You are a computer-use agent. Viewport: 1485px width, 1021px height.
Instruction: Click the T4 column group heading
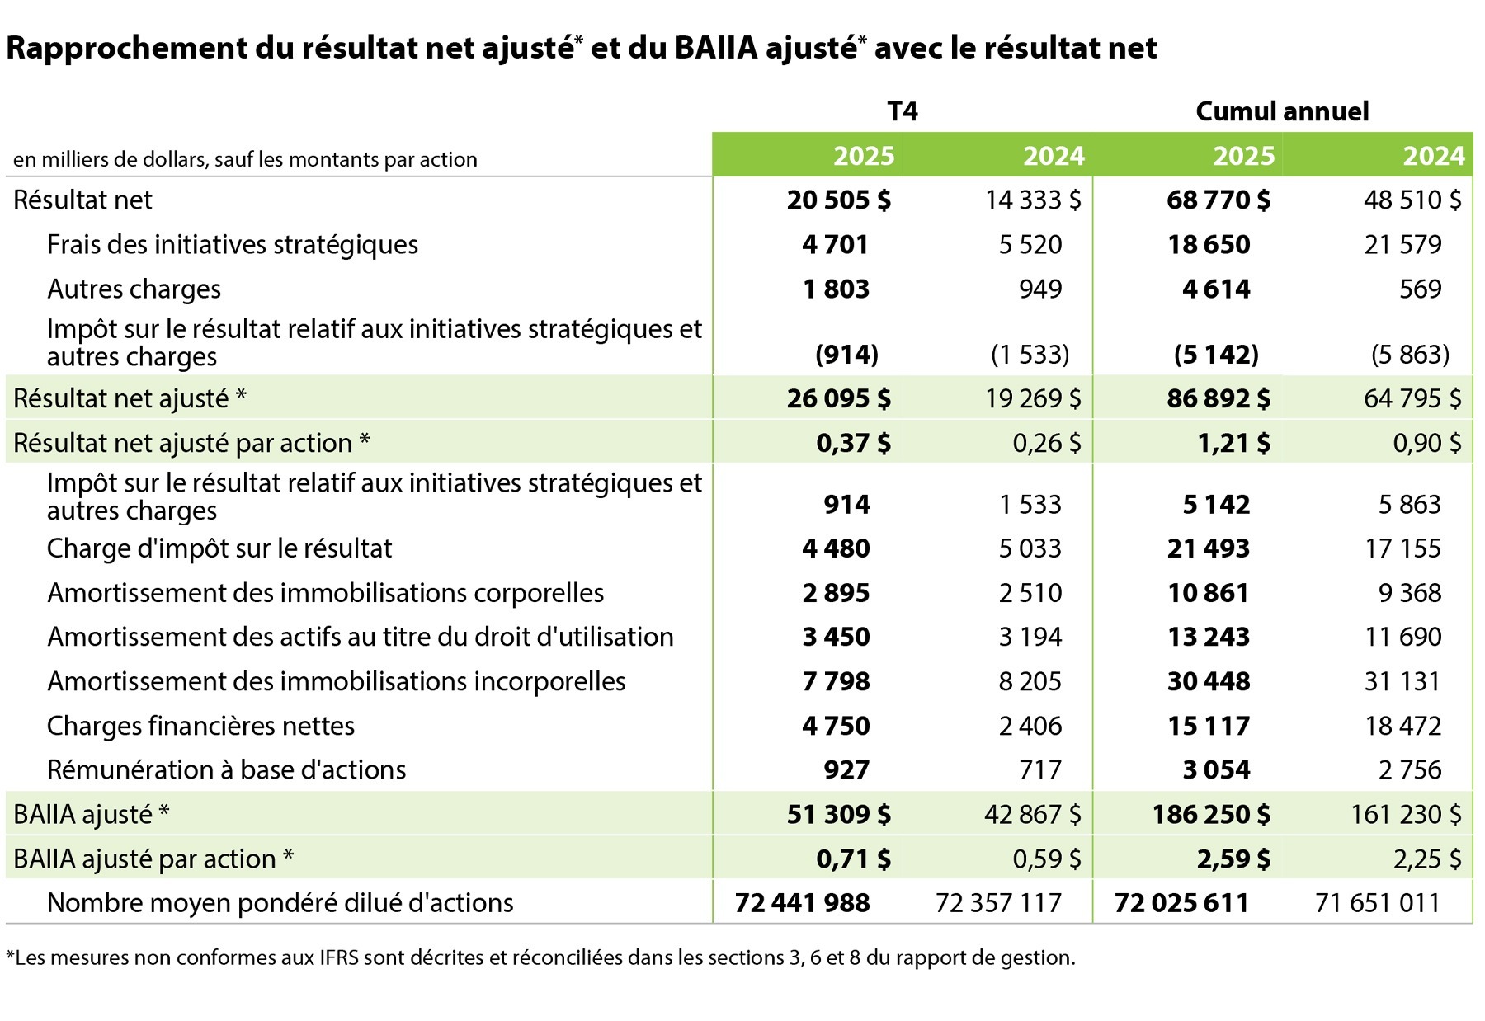(902, 111)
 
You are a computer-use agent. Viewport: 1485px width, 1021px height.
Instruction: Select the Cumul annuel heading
(1282, 111)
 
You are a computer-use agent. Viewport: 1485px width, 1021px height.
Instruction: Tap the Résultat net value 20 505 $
(838, 200)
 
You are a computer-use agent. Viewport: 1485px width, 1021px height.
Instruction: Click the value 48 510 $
(1412, 200)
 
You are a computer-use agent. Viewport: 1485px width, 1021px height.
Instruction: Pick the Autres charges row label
(134, 289)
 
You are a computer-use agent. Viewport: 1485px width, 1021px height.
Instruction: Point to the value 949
(1040, 289)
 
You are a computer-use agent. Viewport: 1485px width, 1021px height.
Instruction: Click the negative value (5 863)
(1410, 355)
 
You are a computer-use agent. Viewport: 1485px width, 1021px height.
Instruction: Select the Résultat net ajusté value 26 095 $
(838, 399)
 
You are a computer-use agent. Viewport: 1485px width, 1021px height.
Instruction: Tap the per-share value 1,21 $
(1233, 444)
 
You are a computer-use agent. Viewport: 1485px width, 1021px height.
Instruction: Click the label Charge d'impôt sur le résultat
(219, 548)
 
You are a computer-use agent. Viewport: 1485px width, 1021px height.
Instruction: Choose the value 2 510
(1030, 593)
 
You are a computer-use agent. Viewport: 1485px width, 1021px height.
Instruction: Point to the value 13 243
(1209, 638)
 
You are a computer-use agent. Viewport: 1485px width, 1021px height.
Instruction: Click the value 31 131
(1402, 682)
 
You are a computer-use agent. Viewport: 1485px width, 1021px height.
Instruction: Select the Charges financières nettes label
(200, 727)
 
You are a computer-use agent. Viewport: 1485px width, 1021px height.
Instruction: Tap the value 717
(1040, 770)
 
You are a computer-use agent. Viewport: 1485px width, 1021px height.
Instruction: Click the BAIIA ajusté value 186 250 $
(1211, 815)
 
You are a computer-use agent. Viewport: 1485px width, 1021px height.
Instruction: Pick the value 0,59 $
(1046, 859)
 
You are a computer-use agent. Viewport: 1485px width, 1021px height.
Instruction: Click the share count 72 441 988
(802, 903)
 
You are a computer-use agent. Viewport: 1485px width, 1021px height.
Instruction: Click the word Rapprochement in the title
(125, 49)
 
